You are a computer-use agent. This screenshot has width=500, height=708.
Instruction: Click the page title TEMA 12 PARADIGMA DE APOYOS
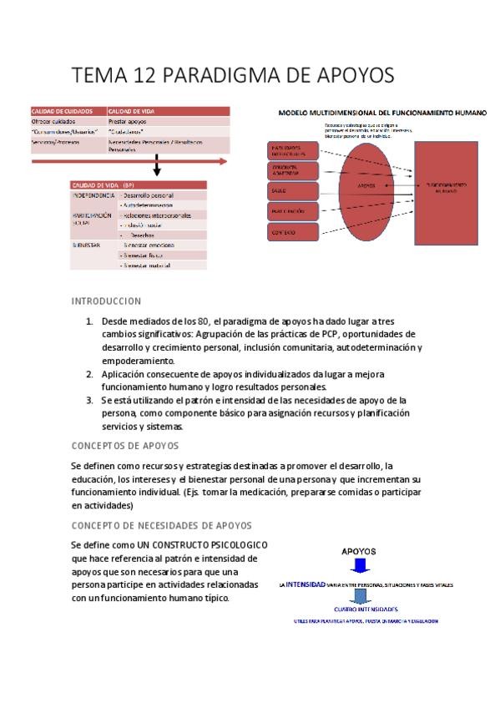point(234,75)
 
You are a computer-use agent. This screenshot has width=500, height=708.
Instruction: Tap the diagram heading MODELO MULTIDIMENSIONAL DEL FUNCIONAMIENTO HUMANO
point(382,112)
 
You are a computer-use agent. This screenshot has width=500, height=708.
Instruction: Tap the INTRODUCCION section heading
point(106,301)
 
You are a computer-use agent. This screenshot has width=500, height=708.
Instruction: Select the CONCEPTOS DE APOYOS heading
point(124,446)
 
